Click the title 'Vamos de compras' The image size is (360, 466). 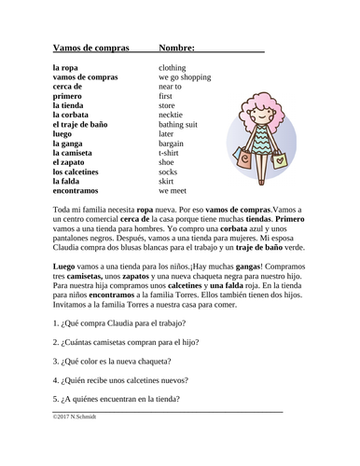(90, 48)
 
